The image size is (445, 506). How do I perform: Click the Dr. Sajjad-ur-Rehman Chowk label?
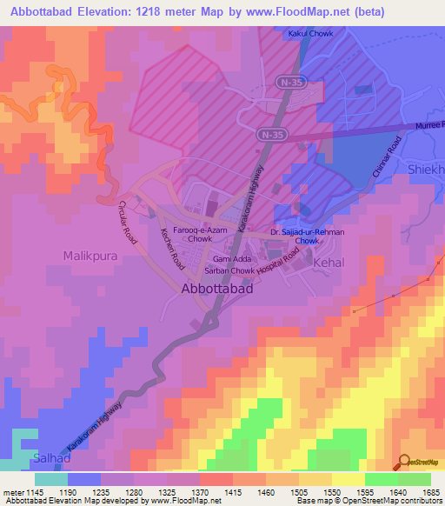click(x=307, y=236)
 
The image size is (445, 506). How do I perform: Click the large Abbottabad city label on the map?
click(x=217, y=290)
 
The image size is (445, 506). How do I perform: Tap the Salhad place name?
click(x=26, y=457)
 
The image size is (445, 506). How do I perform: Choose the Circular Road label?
click(x=128, y=222)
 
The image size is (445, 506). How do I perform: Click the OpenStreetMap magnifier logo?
click(x=404, y=461)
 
